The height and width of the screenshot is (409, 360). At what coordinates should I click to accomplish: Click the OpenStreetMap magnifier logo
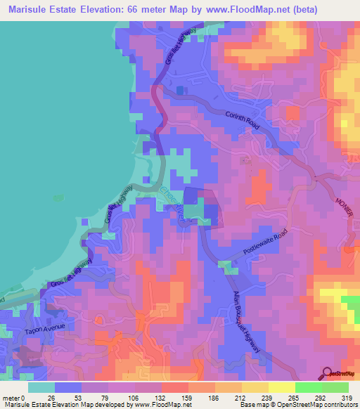[328, 372]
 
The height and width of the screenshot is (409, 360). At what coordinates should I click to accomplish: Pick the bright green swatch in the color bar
[308, 387]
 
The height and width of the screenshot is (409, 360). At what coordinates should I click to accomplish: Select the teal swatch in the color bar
[41, 387]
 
